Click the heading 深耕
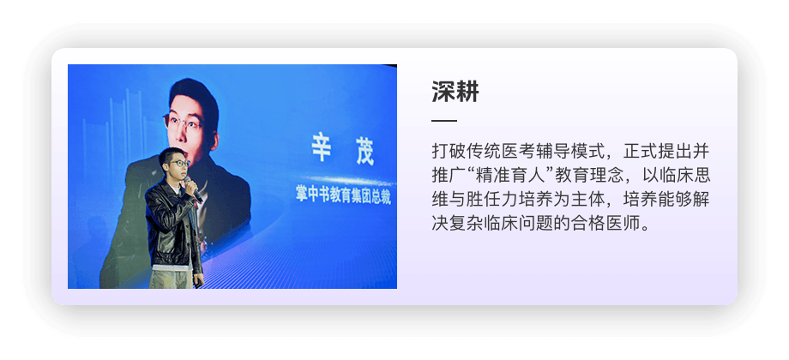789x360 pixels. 455,92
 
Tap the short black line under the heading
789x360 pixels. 444,121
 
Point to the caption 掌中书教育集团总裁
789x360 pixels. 344,195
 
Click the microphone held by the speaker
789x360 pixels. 192,188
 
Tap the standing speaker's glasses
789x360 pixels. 178,164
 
